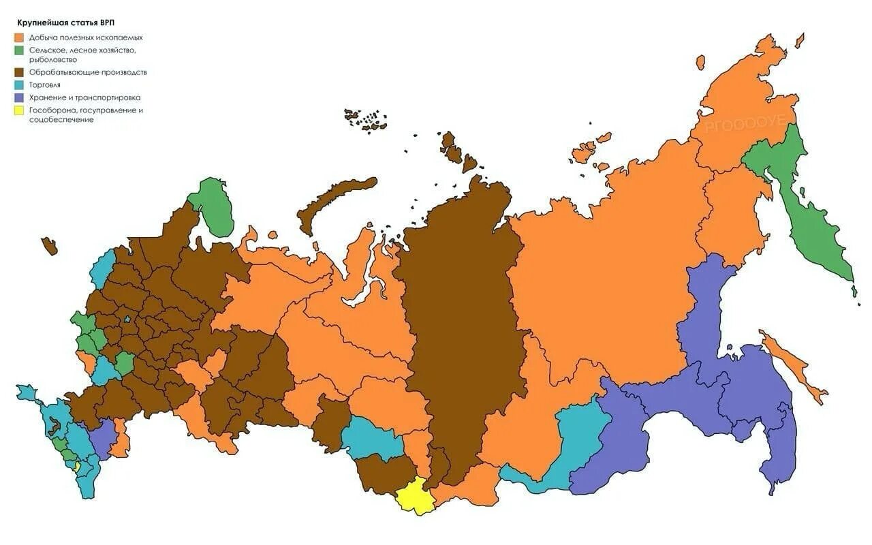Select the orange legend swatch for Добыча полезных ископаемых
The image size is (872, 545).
[x=21, y=37]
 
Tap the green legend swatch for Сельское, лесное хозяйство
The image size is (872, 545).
[x=21, y=50]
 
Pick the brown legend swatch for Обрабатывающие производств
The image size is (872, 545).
[x=21, y=72]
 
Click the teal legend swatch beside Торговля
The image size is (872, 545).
[x=21, y=84]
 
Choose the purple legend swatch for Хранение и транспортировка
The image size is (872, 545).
[x=21, y=97]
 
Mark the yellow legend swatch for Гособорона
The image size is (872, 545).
[x=21, y=110]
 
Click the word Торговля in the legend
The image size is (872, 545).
[x=45, y=84]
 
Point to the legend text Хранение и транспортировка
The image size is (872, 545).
[x=85, y=97]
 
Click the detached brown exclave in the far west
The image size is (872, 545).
[x=49, y=245]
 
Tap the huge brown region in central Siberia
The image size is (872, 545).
[x=463, y=307]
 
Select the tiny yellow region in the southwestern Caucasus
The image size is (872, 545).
[x=77, y=466]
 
